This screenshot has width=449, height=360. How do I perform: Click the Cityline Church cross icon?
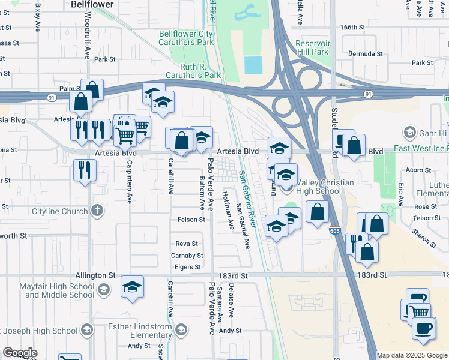pos(97,211)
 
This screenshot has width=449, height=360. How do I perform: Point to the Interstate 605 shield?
pos(334,230)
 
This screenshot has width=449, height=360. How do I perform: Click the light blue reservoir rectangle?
pos(254,65)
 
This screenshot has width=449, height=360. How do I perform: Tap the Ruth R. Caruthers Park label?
pos(201,71)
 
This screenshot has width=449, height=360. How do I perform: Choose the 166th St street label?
pos(352,28)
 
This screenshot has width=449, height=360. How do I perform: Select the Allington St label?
pos(95,275)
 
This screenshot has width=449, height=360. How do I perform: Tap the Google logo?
pos(20,352)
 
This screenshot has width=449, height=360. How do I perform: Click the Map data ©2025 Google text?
pos(412,355)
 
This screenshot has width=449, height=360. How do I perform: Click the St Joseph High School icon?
pos(87,330)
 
